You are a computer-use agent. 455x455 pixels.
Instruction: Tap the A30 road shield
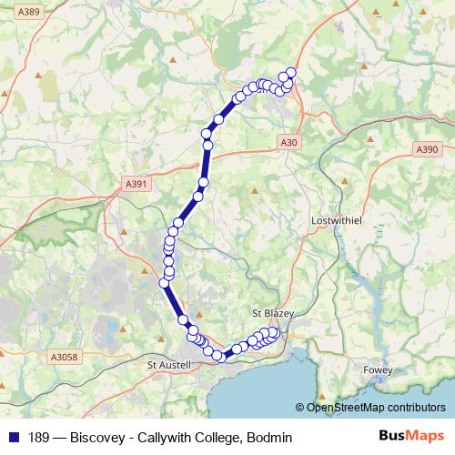(288, 142)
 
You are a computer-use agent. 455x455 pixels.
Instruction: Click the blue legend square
(13, 438)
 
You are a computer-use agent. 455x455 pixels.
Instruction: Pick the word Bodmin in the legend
(268, 438)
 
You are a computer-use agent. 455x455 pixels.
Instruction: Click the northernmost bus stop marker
(291, 73)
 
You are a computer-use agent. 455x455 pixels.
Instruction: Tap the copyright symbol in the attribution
(299, 409)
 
